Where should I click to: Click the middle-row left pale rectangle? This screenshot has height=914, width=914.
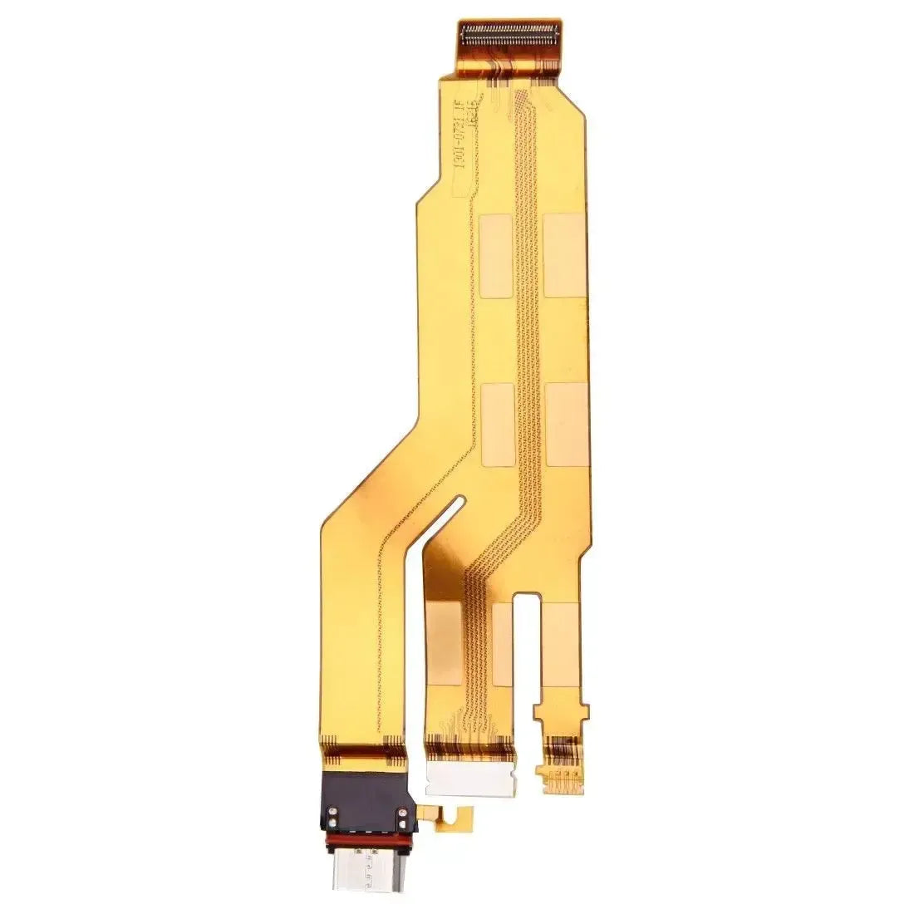(x=496, y=425)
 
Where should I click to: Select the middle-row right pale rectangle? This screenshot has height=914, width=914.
(x=566, y=425)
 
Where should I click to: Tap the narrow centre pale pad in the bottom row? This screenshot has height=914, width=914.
(x=502, y=644)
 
